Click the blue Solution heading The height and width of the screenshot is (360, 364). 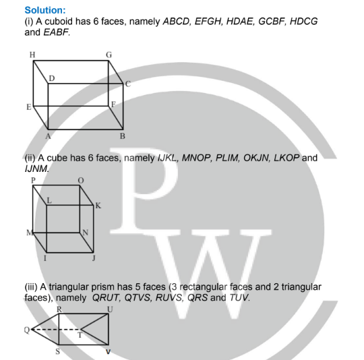45,10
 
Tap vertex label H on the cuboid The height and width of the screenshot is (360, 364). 32,55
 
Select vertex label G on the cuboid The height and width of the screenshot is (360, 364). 109,55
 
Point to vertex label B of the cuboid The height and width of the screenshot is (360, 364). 123,136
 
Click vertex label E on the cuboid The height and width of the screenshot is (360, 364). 29,107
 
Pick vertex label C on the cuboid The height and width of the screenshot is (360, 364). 128,84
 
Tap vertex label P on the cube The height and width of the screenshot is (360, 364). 33,181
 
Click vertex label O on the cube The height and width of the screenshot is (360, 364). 81,181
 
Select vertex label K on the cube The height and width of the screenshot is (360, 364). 98,206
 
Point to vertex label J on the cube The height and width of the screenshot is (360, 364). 94,258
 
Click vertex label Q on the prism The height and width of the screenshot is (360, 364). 27,330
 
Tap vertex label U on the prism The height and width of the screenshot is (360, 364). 110,309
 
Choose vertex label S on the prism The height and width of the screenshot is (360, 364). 58,351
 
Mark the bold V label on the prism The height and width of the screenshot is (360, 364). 108,352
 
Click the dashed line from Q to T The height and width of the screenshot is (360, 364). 56,330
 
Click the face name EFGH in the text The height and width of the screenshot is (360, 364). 208,22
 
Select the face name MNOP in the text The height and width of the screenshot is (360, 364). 196,158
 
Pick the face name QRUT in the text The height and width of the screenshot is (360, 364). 106,297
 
